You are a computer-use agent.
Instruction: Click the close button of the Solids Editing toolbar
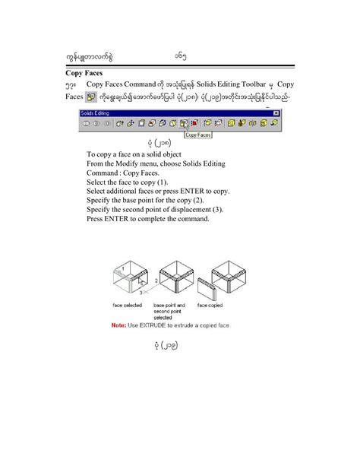[x=276, y=113]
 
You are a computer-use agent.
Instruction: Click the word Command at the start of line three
[x=103, y=173]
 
